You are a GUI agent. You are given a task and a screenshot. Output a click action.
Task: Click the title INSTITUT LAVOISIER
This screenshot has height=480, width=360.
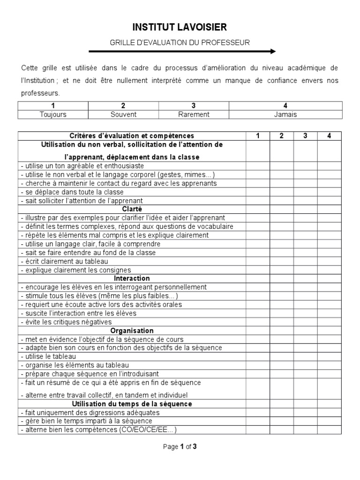click(180, 27)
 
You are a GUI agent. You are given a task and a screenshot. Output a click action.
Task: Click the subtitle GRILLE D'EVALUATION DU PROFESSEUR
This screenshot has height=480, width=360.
click(180, 43)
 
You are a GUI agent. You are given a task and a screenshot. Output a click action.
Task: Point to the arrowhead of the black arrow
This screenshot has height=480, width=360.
click(273, 52)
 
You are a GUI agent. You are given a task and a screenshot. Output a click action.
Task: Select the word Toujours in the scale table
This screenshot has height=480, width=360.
click(53, 114)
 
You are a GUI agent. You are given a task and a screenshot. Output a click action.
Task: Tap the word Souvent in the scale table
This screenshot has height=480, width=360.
click(123, 114)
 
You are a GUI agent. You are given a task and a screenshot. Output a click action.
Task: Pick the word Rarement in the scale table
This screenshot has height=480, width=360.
click(194, 114)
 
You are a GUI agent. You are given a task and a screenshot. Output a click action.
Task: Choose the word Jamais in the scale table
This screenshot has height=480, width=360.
click(285, 114)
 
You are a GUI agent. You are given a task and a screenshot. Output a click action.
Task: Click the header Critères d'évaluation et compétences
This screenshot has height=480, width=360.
click(132, 136)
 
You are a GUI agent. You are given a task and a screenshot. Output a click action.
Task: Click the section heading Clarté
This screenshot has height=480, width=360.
click(132, 209)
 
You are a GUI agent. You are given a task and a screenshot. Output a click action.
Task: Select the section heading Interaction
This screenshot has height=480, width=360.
click(132, 278)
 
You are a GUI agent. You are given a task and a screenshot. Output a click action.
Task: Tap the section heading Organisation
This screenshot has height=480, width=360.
click(132, 330)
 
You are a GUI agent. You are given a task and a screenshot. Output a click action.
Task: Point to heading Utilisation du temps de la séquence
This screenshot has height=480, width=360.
click(132, 404)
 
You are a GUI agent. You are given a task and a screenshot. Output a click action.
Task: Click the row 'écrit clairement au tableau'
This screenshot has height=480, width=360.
click(64, 261)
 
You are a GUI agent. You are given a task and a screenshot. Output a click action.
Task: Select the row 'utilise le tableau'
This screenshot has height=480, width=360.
click(49, 356)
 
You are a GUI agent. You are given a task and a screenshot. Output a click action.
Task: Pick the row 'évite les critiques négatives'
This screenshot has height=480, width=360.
click(66, 322)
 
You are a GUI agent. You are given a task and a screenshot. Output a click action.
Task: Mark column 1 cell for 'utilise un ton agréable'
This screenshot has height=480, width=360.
click(258, 166)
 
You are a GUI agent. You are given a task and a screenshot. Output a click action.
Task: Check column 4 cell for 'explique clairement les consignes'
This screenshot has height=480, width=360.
click(330, 270)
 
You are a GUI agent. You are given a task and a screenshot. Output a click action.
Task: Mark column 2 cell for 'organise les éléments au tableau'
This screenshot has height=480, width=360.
click(282, 365)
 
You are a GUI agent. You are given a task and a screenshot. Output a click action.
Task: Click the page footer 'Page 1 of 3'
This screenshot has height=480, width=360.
click(180, 447)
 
